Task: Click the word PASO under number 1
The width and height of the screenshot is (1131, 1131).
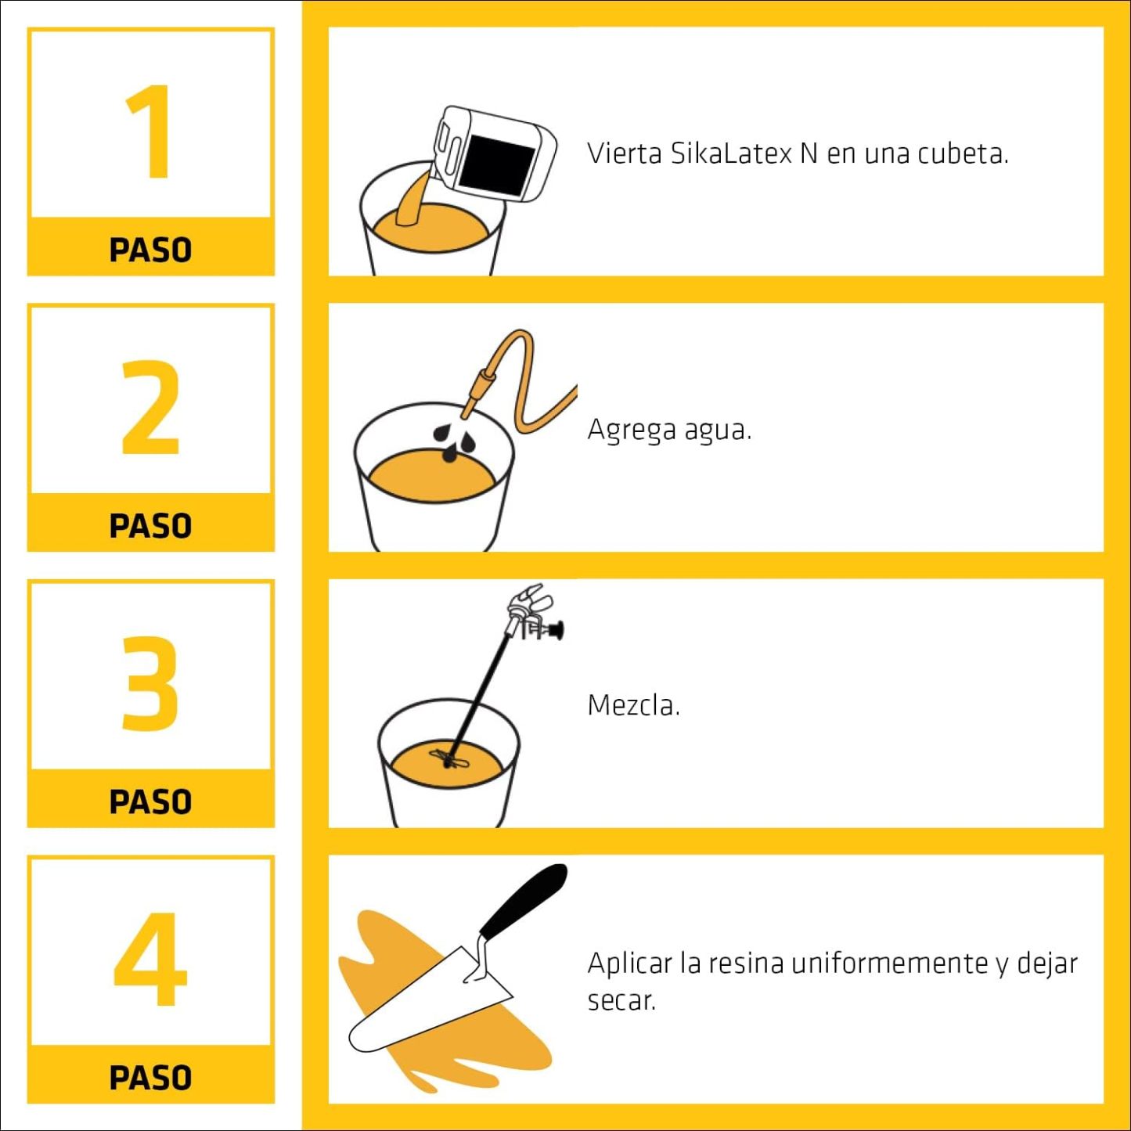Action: (x=151, y=250)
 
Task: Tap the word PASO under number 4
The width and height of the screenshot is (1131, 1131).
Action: (x=151, y=1078)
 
